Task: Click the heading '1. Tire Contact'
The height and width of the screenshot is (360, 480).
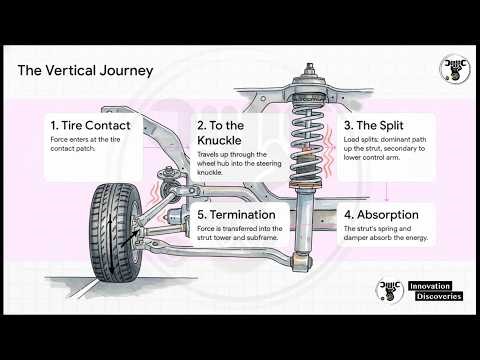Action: tap(92, 125)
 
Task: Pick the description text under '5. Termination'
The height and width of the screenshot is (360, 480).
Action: tap(246, 233)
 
